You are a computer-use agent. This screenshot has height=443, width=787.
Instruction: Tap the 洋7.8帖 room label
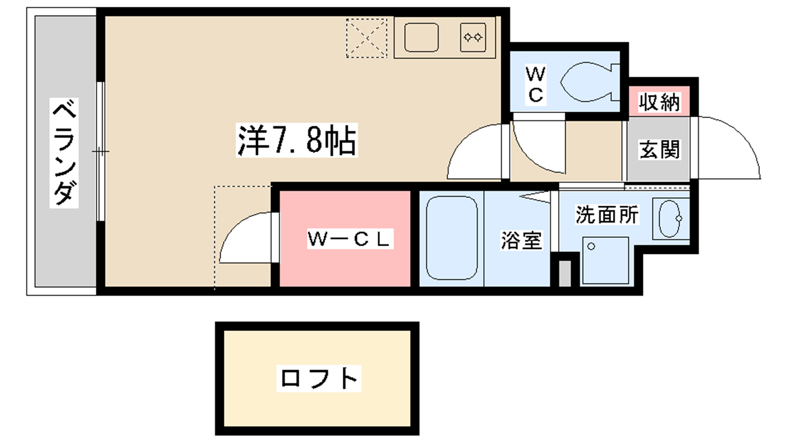pos(297,140)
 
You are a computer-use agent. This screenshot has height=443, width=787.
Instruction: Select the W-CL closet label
pos(350,239)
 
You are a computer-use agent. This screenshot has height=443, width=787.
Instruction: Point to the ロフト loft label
pos(319,379)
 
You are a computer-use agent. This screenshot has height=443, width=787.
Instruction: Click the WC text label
pos(536,85)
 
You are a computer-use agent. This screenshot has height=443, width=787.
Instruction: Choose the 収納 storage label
pos(659,102)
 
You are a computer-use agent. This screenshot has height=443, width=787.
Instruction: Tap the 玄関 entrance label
pos(659,150)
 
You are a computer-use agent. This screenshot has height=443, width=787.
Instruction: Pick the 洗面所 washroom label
pos(607,215)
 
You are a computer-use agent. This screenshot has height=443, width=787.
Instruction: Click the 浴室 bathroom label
pos(521,241)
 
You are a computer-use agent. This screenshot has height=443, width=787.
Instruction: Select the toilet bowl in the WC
pos(590,82)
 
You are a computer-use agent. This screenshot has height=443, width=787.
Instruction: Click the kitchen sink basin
pos(421,37)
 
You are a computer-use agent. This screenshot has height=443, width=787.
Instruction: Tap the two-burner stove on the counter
pos(473,37)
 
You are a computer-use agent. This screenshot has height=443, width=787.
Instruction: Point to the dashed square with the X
pos(366,38)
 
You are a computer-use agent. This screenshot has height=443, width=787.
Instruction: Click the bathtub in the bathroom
pos(452,238)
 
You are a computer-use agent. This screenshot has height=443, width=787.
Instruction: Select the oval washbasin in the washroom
pos(669,219)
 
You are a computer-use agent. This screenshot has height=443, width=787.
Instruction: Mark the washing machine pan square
pos(605,260)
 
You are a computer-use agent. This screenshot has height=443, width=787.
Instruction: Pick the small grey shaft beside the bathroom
pos(565,273)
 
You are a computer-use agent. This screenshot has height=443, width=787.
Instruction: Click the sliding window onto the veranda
pos(100,152)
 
